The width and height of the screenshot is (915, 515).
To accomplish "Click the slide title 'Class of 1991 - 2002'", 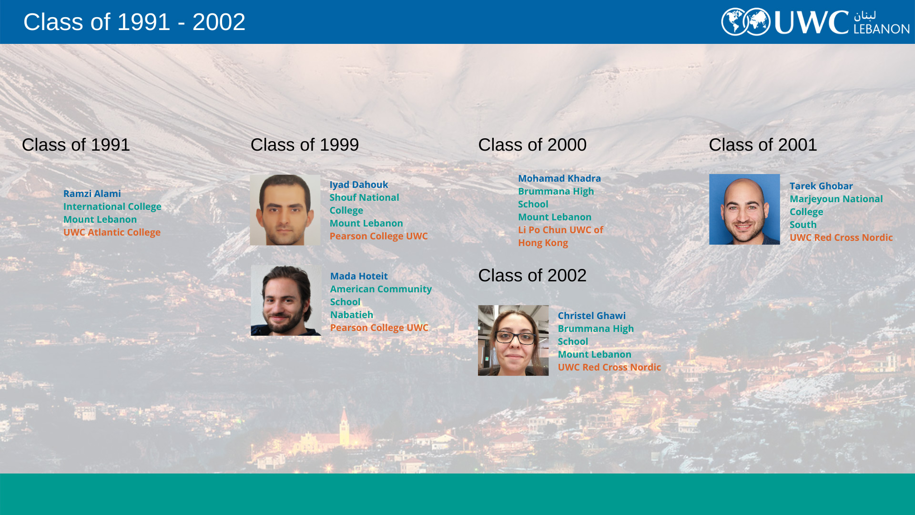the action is coord(134,22).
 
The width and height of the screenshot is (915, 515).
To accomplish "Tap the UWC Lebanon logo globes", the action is coord(746,22).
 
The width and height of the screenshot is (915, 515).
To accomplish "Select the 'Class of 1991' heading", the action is coord(76,145).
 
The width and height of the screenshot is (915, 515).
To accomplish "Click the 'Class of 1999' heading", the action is coord(305,145).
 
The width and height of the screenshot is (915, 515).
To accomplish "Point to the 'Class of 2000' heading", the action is coord(532,145).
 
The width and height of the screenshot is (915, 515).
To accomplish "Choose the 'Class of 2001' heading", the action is coord(763,145).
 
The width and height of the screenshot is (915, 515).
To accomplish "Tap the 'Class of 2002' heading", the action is coord(532,276).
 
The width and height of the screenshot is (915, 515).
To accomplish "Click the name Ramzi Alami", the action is coord(92,194).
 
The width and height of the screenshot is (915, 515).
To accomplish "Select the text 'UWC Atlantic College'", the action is coord(112,233).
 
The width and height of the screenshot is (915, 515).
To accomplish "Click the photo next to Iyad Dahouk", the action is coord(285,210).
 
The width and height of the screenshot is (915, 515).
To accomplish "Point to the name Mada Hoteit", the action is coord(359,276).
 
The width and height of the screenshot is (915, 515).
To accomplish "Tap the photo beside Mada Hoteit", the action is coord(286,300).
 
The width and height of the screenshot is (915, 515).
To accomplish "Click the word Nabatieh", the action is coord(352,315).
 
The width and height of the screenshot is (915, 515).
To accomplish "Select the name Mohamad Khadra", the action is coord(559,178).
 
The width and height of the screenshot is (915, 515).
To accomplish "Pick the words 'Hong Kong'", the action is coord(543,243).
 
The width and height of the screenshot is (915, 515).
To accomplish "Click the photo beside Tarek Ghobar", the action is coord(744,209).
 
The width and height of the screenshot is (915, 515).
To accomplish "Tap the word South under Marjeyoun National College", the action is coord(803,225).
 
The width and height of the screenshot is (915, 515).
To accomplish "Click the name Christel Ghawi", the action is coord(591,316).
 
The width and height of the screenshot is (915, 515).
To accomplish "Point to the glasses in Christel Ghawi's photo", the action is coord(515,338).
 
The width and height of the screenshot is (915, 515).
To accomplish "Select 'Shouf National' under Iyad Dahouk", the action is coord(364,197).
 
